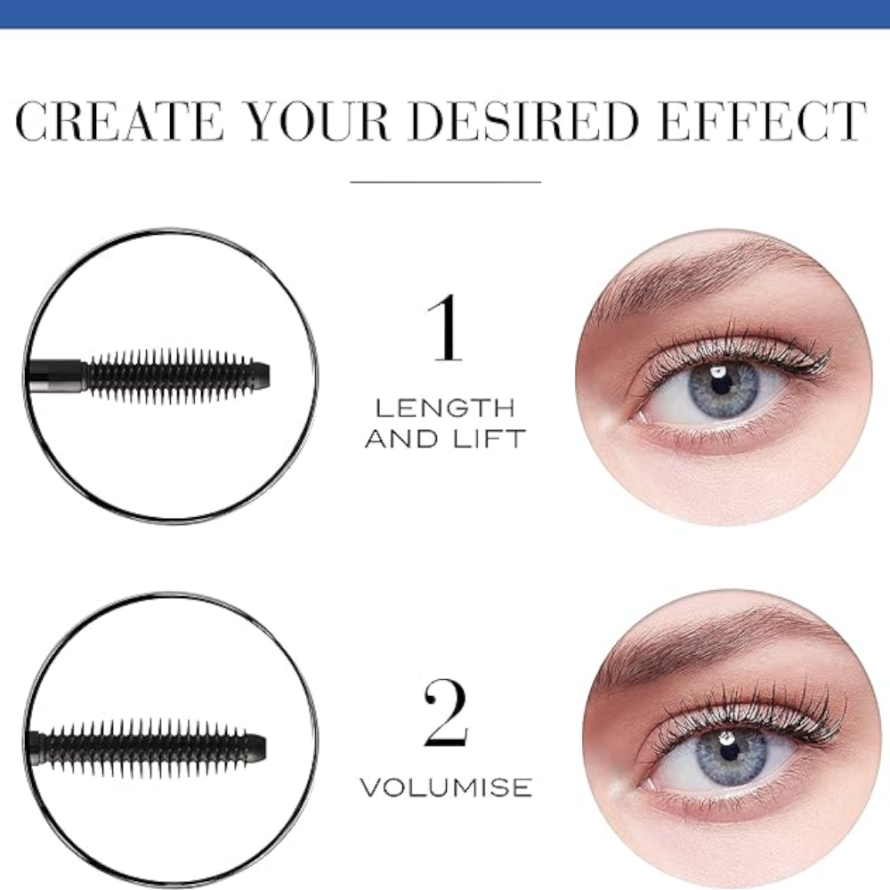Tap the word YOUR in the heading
319,121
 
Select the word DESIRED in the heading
523,121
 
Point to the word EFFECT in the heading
764,121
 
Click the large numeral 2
446,713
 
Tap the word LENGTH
445,409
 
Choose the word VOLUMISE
446,788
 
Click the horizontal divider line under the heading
446,182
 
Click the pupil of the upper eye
720,384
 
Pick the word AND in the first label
401,439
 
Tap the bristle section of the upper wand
170,376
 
